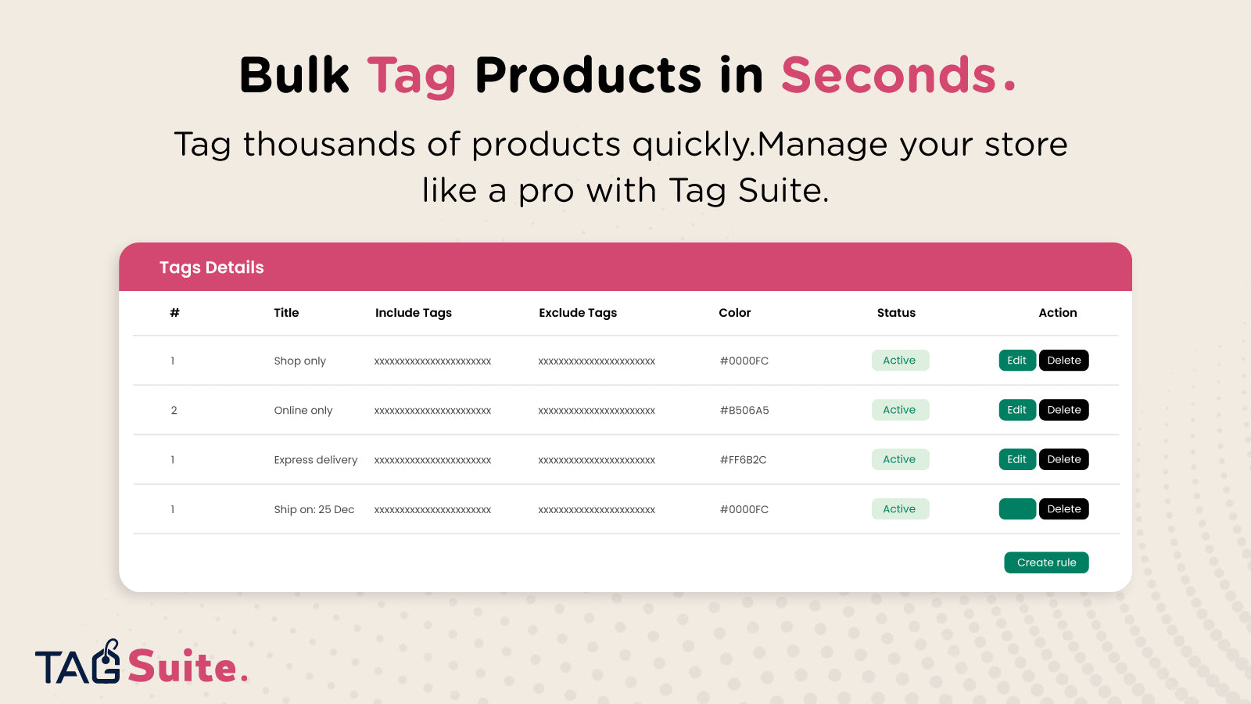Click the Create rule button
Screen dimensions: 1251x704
1046,562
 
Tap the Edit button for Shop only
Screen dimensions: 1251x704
1017,361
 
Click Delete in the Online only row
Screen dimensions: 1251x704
1064,410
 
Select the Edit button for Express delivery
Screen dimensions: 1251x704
1017,459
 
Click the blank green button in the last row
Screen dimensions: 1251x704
1017,509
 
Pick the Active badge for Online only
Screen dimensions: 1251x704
900,410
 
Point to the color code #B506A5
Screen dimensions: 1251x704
744,410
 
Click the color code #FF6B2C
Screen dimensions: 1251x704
743,460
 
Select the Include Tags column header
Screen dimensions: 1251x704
414,313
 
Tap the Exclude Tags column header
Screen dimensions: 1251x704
578,313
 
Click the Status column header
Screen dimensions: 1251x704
896,313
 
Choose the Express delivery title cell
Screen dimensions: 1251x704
316,460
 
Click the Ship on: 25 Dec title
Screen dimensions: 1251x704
314,509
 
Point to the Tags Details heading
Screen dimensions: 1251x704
212,268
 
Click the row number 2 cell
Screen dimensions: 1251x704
174,410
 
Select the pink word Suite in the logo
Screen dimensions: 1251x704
182,666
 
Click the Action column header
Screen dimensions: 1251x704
1058,313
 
